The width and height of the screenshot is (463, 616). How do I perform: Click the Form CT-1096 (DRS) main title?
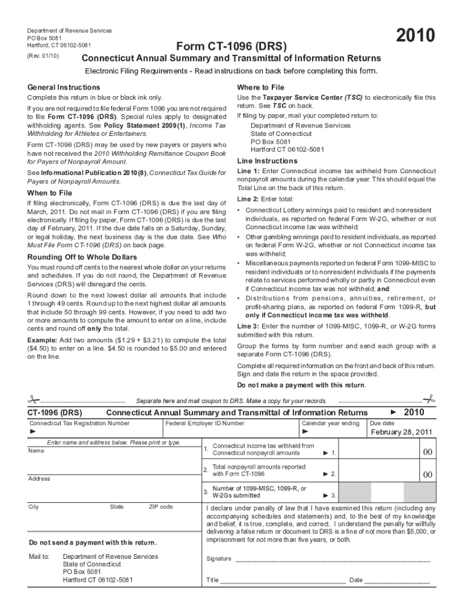tap(231, 46)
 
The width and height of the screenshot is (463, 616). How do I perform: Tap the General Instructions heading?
tap(64, 87)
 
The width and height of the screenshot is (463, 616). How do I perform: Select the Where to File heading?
tap(260, 87)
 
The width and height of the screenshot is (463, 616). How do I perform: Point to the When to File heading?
tap(49, 193)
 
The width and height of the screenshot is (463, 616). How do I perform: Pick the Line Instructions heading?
tap(267, 161)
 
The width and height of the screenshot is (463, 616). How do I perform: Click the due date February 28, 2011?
tap(401, 432)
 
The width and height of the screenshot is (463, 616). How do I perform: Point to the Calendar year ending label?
tap(330, 423)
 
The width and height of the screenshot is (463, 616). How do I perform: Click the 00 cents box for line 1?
tap(428, 452)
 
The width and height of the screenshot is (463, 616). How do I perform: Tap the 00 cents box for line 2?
tap(428, 475)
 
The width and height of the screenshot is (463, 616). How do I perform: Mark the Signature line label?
tap(218, 559)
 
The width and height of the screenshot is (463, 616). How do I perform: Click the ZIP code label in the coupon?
tap(161, 507)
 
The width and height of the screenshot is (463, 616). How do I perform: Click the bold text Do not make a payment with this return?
tap(301, 385)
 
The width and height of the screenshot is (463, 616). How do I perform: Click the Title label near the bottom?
tap(212, 581)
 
